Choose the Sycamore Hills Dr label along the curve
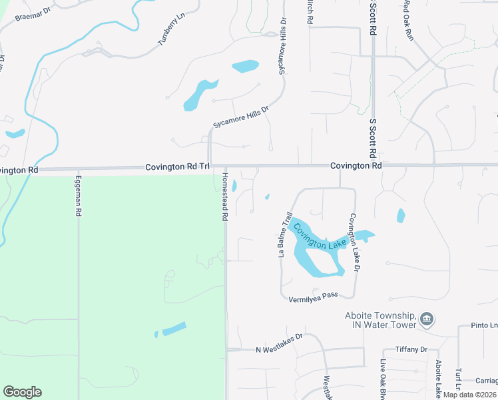tap(240, 117)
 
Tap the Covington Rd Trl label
tap(177, 167)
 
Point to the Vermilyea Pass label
tap(312, 298)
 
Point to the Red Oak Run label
tap(407, 20)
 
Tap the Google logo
tap(22, 392)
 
